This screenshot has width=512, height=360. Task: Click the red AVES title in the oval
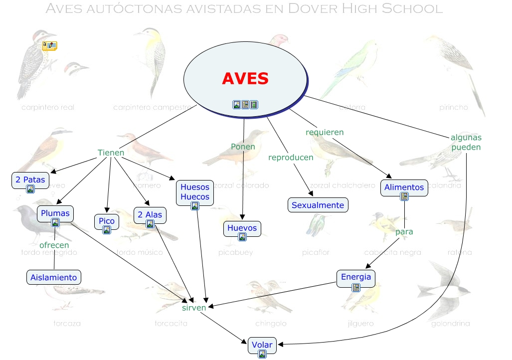click(x=245, y=78)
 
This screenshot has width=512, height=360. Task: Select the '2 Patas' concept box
click(x=30, y=180)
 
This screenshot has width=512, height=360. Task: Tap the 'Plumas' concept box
click(x=55, y=214)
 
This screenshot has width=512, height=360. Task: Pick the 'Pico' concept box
click(x=107, y=221)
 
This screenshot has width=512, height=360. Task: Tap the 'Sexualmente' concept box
click(x=318, y=205)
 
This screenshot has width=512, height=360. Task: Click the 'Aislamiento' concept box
click(x=54, y=277)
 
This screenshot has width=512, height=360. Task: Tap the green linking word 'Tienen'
click(x=111, y=153)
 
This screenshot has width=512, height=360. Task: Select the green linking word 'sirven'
click(x=194, y=308)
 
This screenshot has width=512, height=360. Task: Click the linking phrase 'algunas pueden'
click(x=466, y=142)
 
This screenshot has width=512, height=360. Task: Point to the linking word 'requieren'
click(x=325, y=132)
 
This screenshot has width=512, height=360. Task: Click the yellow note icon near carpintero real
click(x=49, y=45)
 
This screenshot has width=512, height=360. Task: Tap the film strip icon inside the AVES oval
click(x=254, y=104)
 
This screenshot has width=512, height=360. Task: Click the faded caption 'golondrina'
click(x=450, y=324)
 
